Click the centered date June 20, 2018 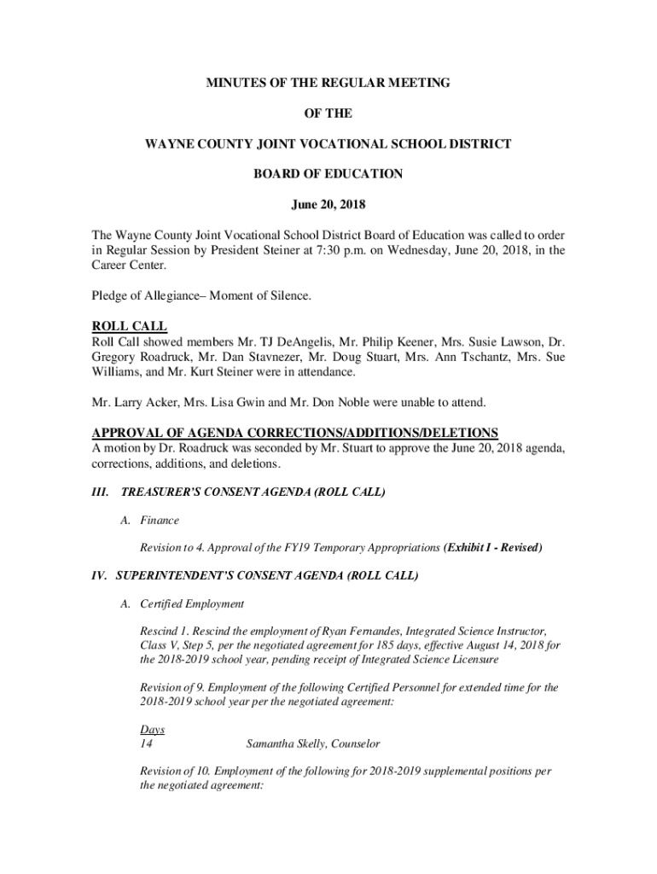(x=328, y=204)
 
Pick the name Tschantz (x=493, y=358)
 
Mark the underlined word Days (x=152, y=730)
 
